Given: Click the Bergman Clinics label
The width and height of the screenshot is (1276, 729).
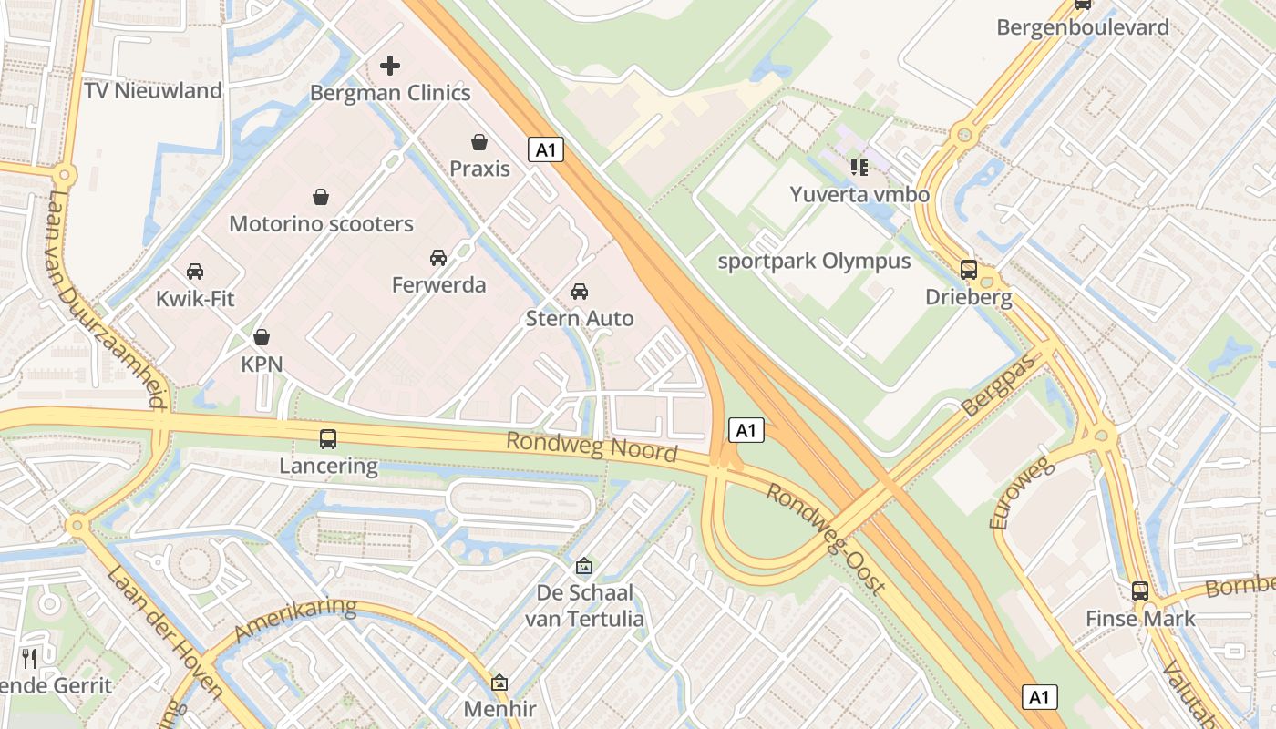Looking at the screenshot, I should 390,93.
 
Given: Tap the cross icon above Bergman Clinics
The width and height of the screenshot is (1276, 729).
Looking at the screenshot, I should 390,66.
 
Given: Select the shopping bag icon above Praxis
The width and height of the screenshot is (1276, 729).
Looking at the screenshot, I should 479,142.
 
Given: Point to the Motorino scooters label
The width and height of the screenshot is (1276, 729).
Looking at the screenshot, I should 321,224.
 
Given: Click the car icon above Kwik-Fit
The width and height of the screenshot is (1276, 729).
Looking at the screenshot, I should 195,272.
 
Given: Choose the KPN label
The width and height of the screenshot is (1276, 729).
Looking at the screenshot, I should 262,364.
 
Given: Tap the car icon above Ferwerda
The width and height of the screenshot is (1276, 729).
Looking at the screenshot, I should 438,258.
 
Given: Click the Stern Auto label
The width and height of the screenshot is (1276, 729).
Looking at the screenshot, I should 579,319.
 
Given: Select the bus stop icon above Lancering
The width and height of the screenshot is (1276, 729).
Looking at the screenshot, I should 328,439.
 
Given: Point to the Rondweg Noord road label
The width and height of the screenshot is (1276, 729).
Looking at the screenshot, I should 592,447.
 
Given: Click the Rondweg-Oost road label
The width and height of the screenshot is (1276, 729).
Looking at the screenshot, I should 825,538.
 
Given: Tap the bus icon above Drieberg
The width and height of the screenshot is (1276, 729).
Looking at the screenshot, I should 969,270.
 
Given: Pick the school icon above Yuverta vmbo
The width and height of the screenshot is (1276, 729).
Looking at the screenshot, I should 859,167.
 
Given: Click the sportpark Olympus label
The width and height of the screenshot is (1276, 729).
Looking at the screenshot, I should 814,262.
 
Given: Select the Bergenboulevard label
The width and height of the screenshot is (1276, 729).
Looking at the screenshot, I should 1083,27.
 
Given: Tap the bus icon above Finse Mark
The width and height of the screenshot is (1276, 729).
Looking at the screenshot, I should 1140,591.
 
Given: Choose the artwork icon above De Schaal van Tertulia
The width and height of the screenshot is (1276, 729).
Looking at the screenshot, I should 584,567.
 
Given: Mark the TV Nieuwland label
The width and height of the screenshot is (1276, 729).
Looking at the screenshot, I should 152,91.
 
